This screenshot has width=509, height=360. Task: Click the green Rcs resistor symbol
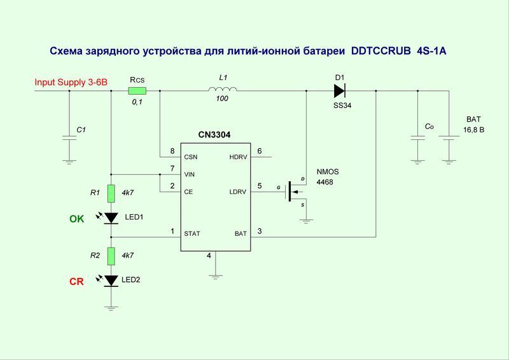[137, 91]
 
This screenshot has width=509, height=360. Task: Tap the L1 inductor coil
[223, 90]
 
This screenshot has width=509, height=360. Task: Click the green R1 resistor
[111, 193]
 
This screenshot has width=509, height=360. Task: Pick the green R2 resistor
[111, 256]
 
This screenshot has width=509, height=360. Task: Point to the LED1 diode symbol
[111, 218]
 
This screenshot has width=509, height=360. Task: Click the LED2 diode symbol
[111, 280]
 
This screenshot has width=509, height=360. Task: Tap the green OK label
[76, 219]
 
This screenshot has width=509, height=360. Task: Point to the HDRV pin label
[238, 156]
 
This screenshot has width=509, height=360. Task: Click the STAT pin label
[192, 233]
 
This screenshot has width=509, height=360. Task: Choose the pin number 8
[172, 151]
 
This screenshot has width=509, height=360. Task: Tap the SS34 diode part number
[342, 106]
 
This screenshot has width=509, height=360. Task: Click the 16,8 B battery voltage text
[475, 130]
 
